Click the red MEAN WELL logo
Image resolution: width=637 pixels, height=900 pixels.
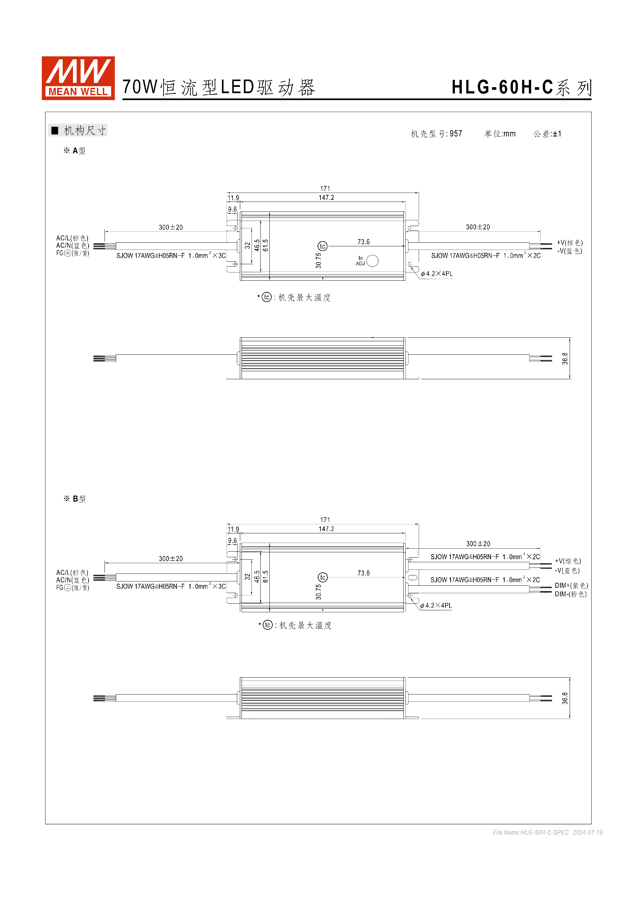coord(78,78)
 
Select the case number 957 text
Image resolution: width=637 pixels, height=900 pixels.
coord(456,134)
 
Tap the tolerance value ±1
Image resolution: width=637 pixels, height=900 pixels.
coord(557,134)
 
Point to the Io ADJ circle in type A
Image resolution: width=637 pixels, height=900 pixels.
coord(372,261)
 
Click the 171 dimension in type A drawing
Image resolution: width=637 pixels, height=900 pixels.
coord(325,189)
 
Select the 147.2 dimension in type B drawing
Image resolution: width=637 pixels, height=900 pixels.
coord(326,529)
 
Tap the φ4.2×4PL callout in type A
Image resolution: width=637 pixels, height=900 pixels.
coord(437,273)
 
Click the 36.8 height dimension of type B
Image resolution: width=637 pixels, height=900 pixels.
coord(565,698)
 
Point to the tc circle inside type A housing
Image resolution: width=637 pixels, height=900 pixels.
coord(322,246)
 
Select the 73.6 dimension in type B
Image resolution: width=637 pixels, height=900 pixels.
coord(363,573)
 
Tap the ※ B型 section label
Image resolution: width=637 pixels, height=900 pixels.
coord(75,499)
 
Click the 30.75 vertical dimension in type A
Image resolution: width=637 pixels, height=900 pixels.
coord(318,261)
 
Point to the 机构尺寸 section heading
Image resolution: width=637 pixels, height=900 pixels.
coord(84,131)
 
